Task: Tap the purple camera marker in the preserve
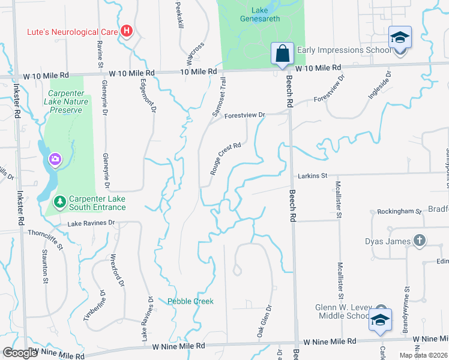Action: [55, 159]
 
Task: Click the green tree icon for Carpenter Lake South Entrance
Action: [59, 200]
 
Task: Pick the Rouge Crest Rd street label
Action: [226, 158]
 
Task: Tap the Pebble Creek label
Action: [190, 301]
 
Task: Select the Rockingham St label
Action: [396, 212]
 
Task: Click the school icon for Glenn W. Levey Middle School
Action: [380, 319]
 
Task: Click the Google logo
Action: [20, 353]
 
